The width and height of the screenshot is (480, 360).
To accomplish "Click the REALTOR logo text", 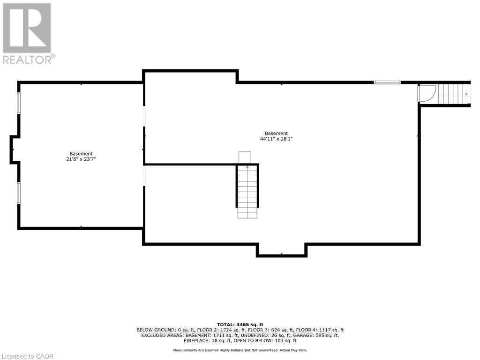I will click(x=28, y=60).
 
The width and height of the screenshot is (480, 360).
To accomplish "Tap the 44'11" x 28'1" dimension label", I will click(x=276, y=139).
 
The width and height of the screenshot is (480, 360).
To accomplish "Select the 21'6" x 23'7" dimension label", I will click(x=81, y=159).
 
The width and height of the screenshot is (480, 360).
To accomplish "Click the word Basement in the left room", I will click(x=81, y=154).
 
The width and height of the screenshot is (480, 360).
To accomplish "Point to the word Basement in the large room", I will click(x=276, y=133).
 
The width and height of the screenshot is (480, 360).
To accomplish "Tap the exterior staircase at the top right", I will click(x=453, y=94).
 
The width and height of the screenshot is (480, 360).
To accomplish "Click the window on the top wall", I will click(x=387, y=82).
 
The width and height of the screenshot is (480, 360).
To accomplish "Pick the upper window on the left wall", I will click(x=19, y=103).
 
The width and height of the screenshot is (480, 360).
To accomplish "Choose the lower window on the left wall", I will click(x=19, y=193).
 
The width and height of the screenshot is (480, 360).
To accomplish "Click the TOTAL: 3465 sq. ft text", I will click(x=240, y=324).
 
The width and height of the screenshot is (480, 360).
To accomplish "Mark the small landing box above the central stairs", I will click(x=245, y=157).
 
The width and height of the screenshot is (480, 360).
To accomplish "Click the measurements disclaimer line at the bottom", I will click(x=240, y=350).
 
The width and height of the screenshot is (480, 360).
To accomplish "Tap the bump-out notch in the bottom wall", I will click(x=281, y=249).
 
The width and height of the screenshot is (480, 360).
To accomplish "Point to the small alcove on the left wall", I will click(x=15, y=150).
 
